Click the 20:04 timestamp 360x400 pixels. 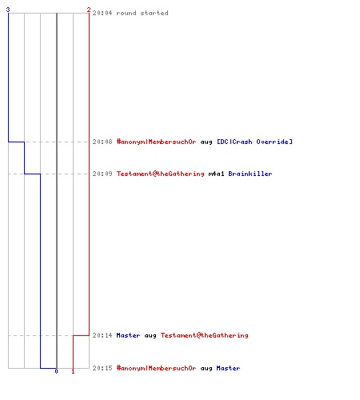(102, 13)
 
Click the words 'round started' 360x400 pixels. (142, 13)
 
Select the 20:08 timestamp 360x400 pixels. (102, 142)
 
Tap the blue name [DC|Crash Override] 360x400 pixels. (254, 142)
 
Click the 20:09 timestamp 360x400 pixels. (102, 174)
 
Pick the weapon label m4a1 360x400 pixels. (216, 174)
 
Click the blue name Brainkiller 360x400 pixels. (250, 174)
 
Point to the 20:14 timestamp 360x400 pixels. (102, 335)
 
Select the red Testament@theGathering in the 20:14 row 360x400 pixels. (204, 335)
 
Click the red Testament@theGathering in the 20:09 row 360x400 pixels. (160, 174)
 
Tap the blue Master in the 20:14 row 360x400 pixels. (128, 335)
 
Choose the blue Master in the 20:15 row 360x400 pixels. (228, 368)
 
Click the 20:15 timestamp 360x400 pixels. (102, 368)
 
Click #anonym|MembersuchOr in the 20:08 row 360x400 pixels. (156, 142)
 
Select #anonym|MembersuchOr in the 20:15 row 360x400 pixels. (156, 368)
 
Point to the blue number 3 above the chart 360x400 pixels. (8, 10)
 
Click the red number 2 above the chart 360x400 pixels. (89, 10)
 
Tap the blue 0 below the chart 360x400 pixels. (56, 371)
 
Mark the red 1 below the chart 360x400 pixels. (73, 371)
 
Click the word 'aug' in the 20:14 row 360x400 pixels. (150, 336)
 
